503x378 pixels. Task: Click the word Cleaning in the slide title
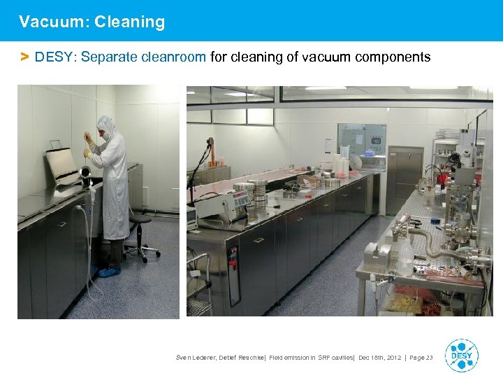click(x=130, y=22)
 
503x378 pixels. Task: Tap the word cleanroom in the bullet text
click(x=173, y=57)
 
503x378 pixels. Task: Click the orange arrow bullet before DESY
click(x=24, y=57)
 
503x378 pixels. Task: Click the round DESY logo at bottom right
click(x=461, y=356)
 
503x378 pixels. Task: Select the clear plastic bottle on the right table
click(x=406, y=256)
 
